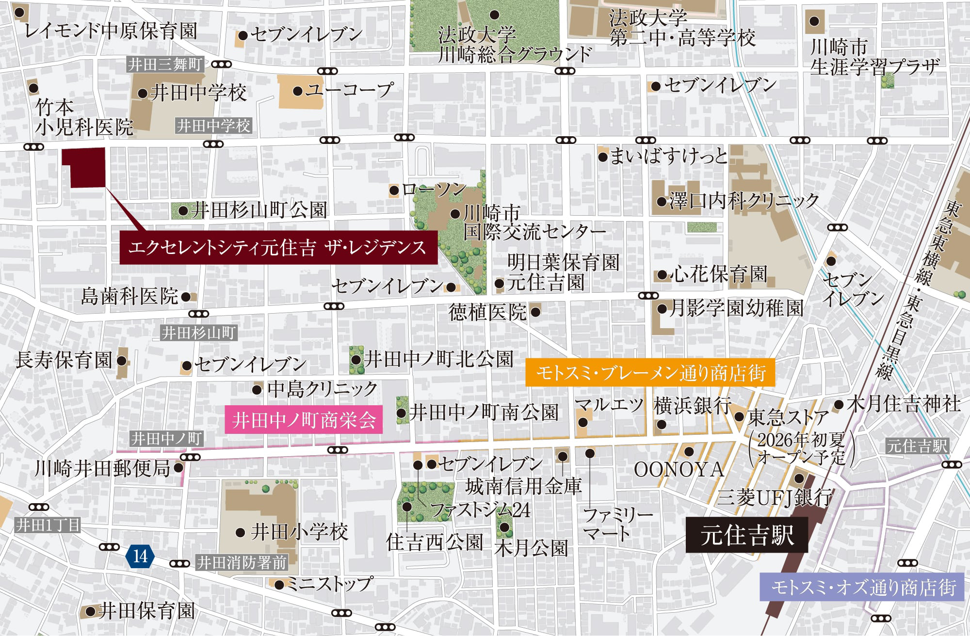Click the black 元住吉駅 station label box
point(746,535)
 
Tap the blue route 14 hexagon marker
point(140,556)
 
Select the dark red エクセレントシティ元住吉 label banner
point(278,247)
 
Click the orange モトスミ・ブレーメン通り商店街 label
point(650,373)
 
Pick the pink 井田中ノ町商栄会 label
point(304,420)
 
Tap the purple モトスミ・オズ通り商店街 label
point(861,587)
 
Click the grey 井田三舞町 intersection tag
point(165,64)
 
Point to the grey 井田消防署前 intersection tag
point(242,562)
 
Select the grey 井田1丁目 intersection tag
point(48,525)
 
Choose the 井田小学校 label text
point(299,532)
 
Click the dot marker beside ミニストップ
point(279,585)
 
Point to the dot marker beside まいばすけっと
point(603,157)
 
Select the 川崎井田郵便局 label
point(102,468)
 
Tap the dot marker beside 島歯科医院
point(185,297)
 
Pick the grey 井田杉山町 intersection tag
point(198,333)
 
